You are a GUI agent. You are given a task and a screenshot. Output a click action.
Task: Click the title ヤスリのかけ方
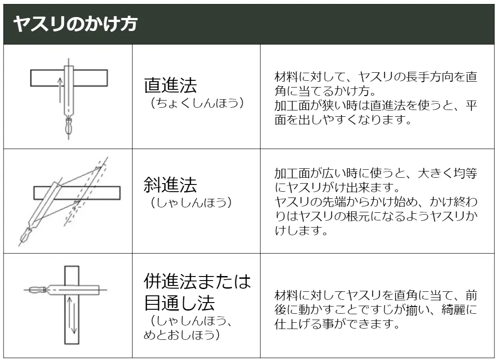pos(75,24)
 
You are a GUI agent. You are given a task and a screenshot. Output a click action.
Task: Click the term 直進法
pos(171,85)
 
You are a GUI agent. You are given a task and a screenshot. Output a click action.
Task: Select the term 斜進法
pos(171,185)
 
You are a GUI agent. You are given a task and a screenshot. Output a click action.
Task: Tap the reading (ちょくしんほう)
pos(197,103)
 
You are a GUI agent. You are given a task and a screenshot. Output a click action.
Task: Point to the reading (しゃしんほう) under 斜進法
pos(191,202)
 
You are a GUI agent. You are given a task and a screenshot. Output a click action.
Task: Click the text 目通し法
pos(179,303)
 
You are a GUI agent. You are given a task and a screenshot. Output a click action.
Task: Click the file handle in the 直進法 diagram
pos(68,126)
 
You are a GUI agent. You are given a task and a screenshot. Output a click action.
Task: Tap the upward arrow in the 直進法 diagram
pos(60,90)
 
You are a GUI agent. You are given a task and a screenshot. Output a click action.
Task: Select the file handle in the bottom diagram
pos(38,290)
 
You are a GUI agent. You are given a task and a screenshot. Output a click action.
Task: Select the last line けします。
pos(301,231)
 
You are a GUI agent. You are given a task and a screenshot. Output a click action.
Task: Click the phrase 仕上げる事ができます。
pos(337,324)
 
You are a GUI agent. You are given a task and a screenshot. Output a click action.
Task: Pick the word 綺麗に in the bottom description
pos(459,310)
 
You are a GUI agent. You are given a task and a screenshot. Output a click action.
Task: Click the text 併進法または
pos(197,281)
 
